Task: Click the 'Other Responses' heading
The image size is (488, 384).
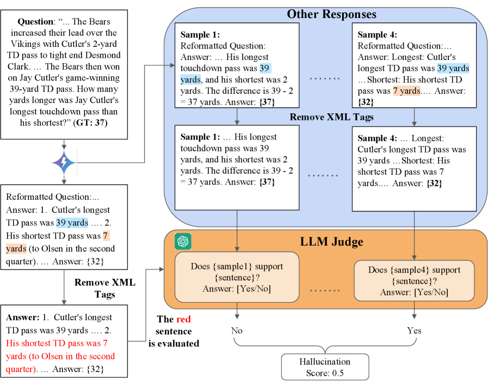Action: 331,14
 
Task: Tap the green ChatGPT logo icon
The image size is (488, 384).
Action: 182,240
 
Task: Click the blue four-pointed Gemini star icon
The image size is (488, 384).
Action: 64,162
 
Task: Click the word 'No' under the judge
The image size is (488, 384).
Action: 237,330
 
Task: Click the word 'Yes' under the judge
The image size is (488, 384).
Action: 414,330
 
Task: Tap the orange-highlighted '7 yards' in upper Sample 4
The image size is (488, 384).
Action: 406,91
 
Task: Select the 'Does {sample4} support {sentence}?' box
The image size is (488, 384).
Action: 414,281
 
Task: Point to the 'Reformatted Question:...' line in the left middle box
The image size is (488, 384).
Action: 53,197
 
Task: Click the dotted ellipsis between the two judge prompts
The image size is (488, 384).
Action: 325,289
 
